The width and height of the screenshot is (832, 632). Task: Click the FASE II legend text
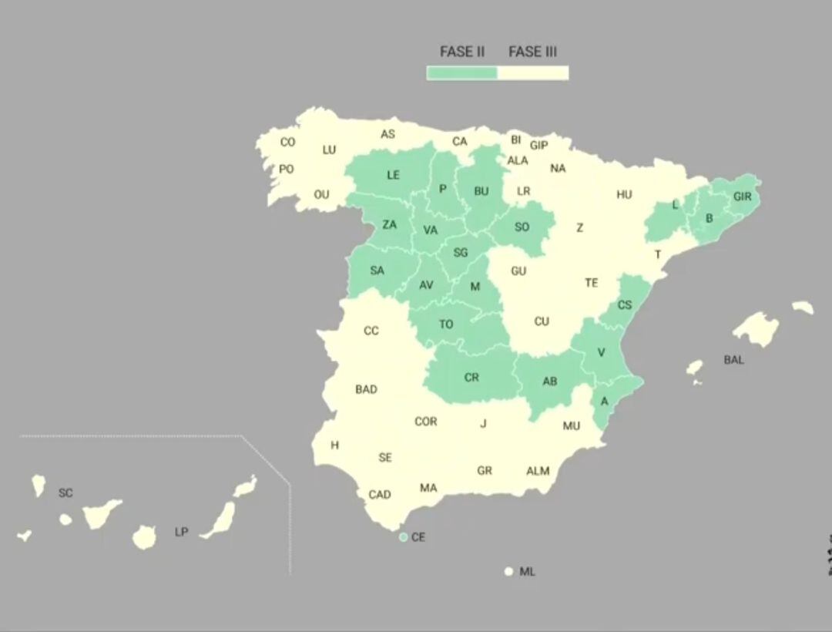click(461, 52)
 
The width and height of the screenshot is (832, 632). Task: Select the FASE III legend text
click(532, 52)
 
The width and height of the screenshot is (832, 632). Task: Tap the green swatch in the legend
click(462, 73)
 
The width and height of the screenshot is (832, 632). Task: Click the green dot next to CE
click(403, 537)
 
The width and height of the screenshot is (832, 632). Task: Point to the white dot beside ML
click(508, 572)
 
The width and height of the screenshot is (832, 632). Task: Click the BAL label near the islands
click(733, 360)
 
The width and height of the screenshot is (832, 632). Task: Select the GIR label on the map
click(742, 197)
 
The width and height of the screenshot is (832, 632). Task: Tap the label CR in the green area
click(471, 378)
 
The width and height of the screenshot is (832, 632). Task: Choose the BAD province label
click(366, 389)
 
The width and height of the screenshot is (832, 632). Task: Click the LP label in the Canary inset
click(181, 532)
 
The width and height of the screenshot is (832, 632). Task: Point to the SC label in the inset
click(65, 492)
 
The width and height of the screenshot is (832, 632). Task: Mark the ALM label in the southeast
click(538, 471)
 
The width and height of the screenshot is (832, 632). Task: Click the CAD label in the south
click(379, 495)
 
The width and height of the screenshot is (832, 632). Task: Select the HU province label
click(624, 195)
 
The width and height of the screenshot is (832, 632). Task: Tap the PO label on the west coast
click(286, 169)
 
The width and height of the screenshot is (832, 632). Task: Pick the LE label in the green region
click(393, 175)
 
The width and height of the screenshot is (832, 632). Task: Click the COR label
click(425, 422)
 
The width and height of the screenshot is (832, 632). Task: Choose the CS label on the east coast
click(625, 305)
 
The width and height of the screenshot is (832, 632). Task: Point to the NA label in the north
click(558, 168)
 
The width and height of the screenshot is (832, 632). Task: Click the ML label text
click(527, 572)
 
